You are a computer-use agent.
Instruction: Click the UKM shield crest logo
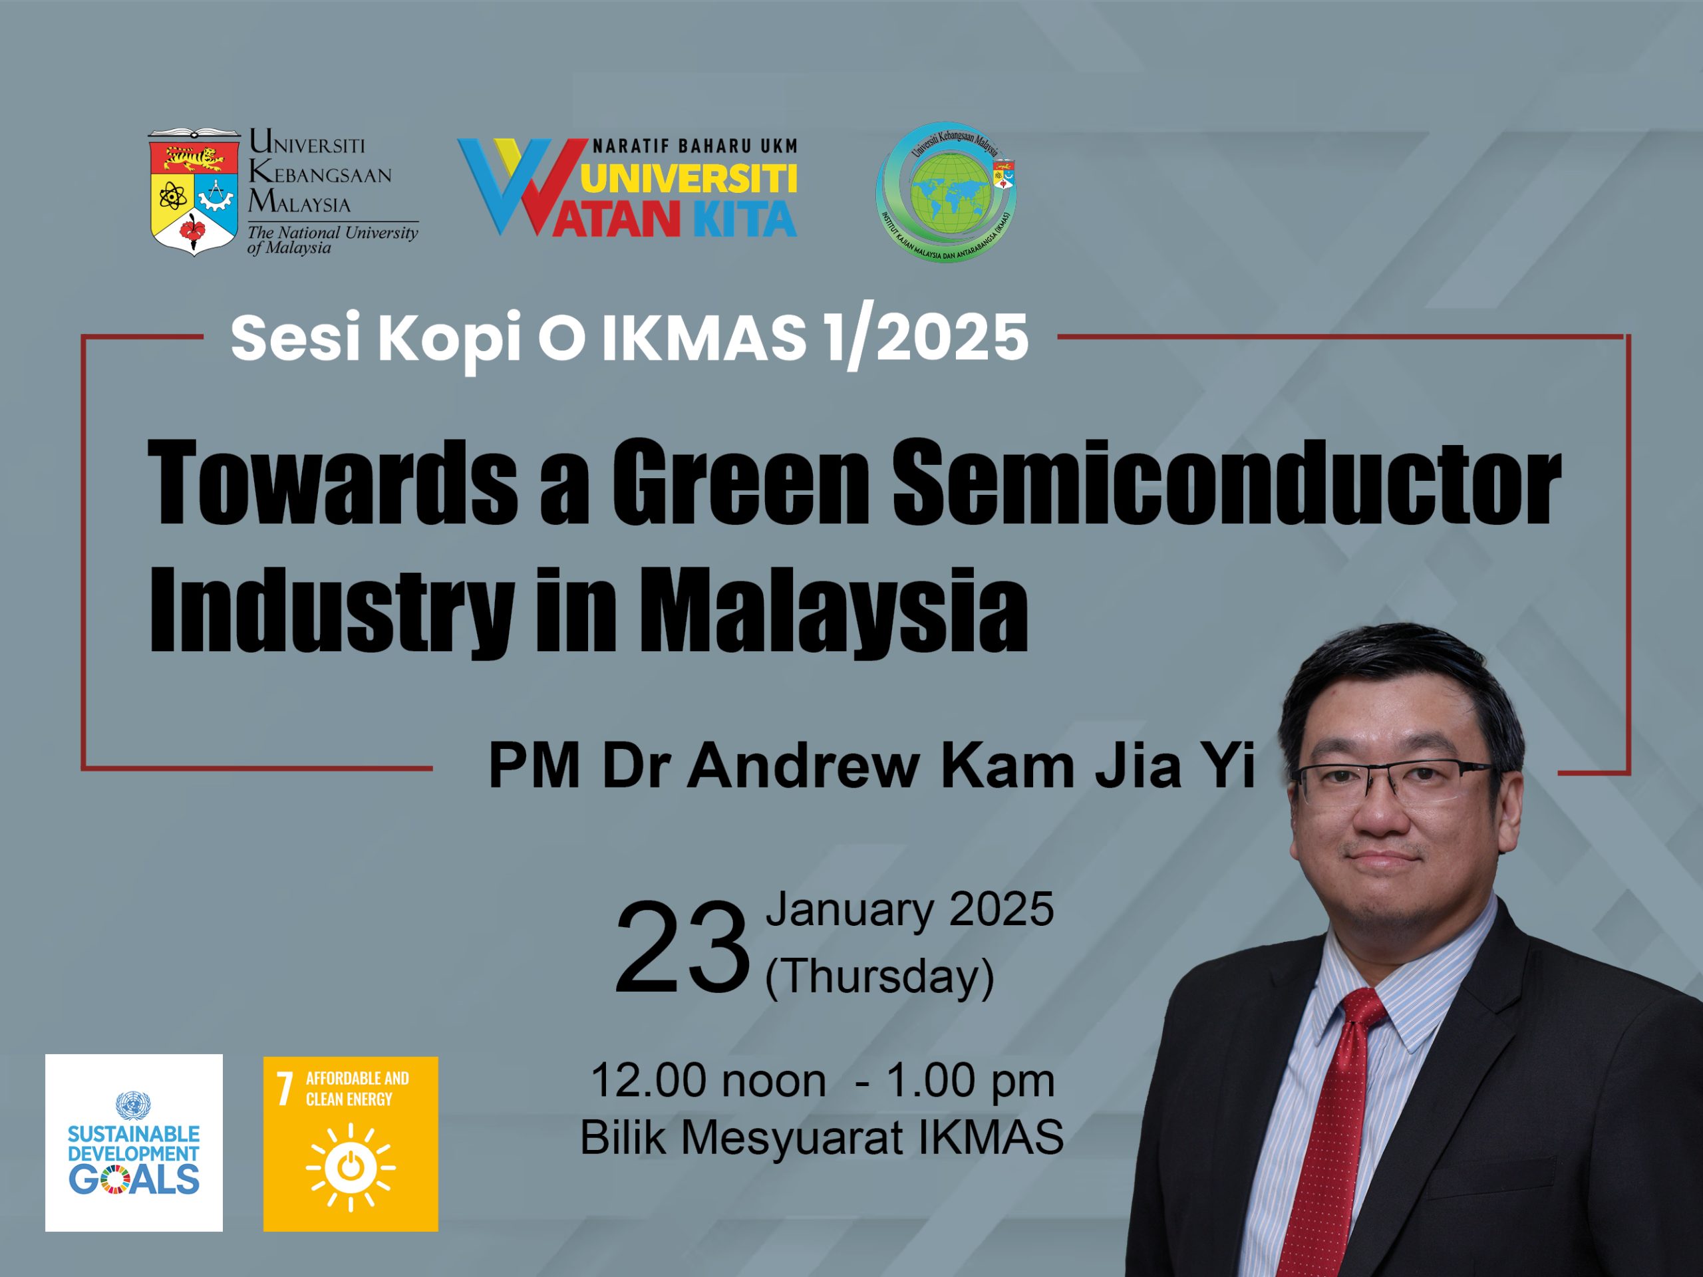[x=193, y=192]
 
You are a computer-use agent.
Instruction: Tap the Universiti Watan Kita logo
[x=627, y=187]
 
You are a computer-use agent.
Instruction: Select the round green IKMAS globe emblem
[x=946, y=192]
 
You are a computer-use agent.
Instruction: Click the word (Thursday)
[x=879, y=976]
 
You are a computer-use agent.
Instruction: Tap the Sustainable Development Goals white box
[x=134, y=1142]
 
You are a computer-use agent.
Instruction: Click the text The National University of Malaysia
[x=333, y=240]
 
